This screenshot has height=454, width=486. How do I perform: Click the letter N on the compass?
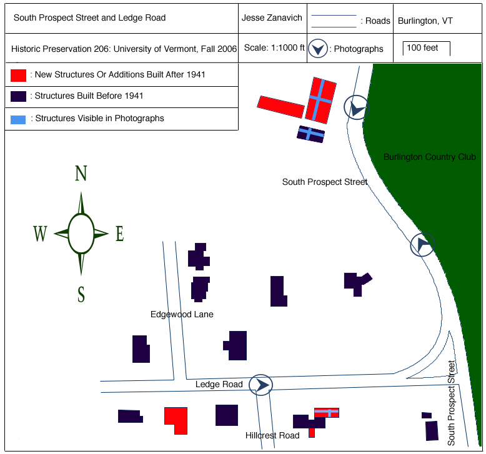(x=81, y=174)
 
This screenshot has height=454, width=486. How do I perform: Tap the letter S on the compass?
(x=81, y=294)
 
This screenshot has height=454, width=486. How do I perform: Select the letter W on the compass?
(x=40, y=234)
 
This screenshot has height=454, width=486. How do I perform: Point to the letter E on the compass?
(x=119, y=234)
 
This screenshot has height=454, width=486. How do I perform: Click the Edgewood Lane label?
(x=182, y=314)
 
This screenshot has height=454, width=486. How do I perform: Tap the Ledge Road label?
(x=219, y=384)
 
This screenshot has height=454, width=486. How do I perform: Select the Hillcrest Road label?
(x=272, y=435)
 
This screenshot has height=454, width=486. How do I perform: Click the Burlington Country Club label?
(x=429, y=157)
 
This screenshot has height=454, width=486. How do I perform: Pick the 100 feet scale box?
(x=427, y=48)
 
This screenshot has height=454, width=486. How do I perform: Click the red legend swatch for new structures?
(x=18, y=75)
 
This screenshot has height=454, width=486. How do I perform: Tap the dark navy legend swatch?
(x=18, y=96)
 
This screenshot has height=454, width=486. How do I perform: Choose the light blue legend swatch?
(x=18, y=118)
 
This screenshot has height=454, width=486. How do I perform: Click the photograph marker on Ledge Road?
(x=261, y=385)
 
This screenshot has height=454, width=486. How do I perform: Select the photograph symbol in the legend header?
(x=318, y=49)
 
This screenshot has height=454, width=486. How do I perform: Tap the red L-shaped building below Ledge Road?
(x=177, y=419)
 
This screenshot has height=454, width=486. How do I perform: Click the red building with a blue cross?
(x=320, y=99)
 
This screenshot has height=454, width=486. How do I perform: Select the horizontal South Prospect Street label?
(x=325, y=182)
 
